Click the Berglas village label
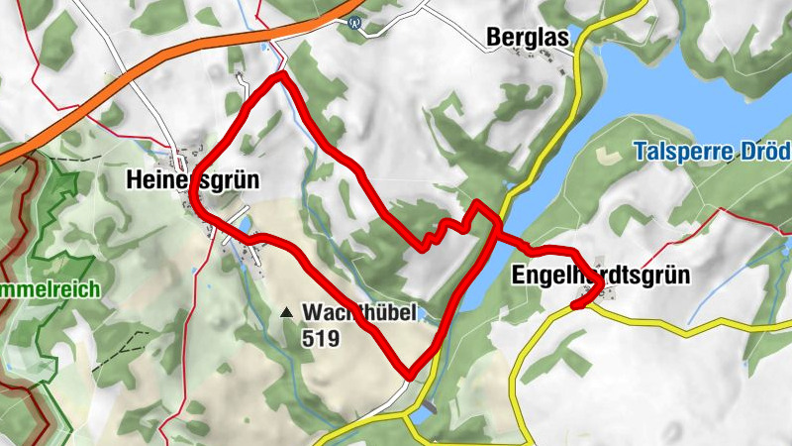click(x=528, y=38)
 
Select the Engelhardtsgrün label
click(x=600, y=275)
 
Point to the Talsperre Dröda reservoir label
click(x=712, y=152)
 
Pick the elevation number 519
click(x=321, y=338)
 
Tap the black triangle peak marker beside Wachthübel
click(x=286, y=312)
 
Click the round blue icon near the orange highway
click(x=354, y=22)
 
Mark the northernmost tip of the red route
click(x=282, y=74)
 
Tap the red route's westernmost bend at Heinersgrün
click(x=195, y=198)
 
